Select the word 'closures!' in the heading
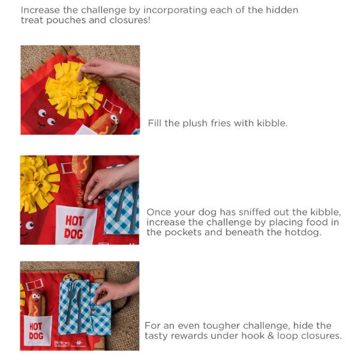tap(130, 20)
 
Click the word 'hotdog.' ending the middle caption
tap(303, 232)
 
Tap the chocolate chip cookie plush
tap(71, 277)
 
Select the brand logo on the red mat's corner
tap(62, 344)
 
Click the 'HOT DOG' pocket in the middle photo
tap(76, 226)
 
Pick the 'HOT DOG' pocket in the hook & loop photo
tap(38, 331)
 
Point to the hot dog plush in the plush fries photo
tap(106, 124)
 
